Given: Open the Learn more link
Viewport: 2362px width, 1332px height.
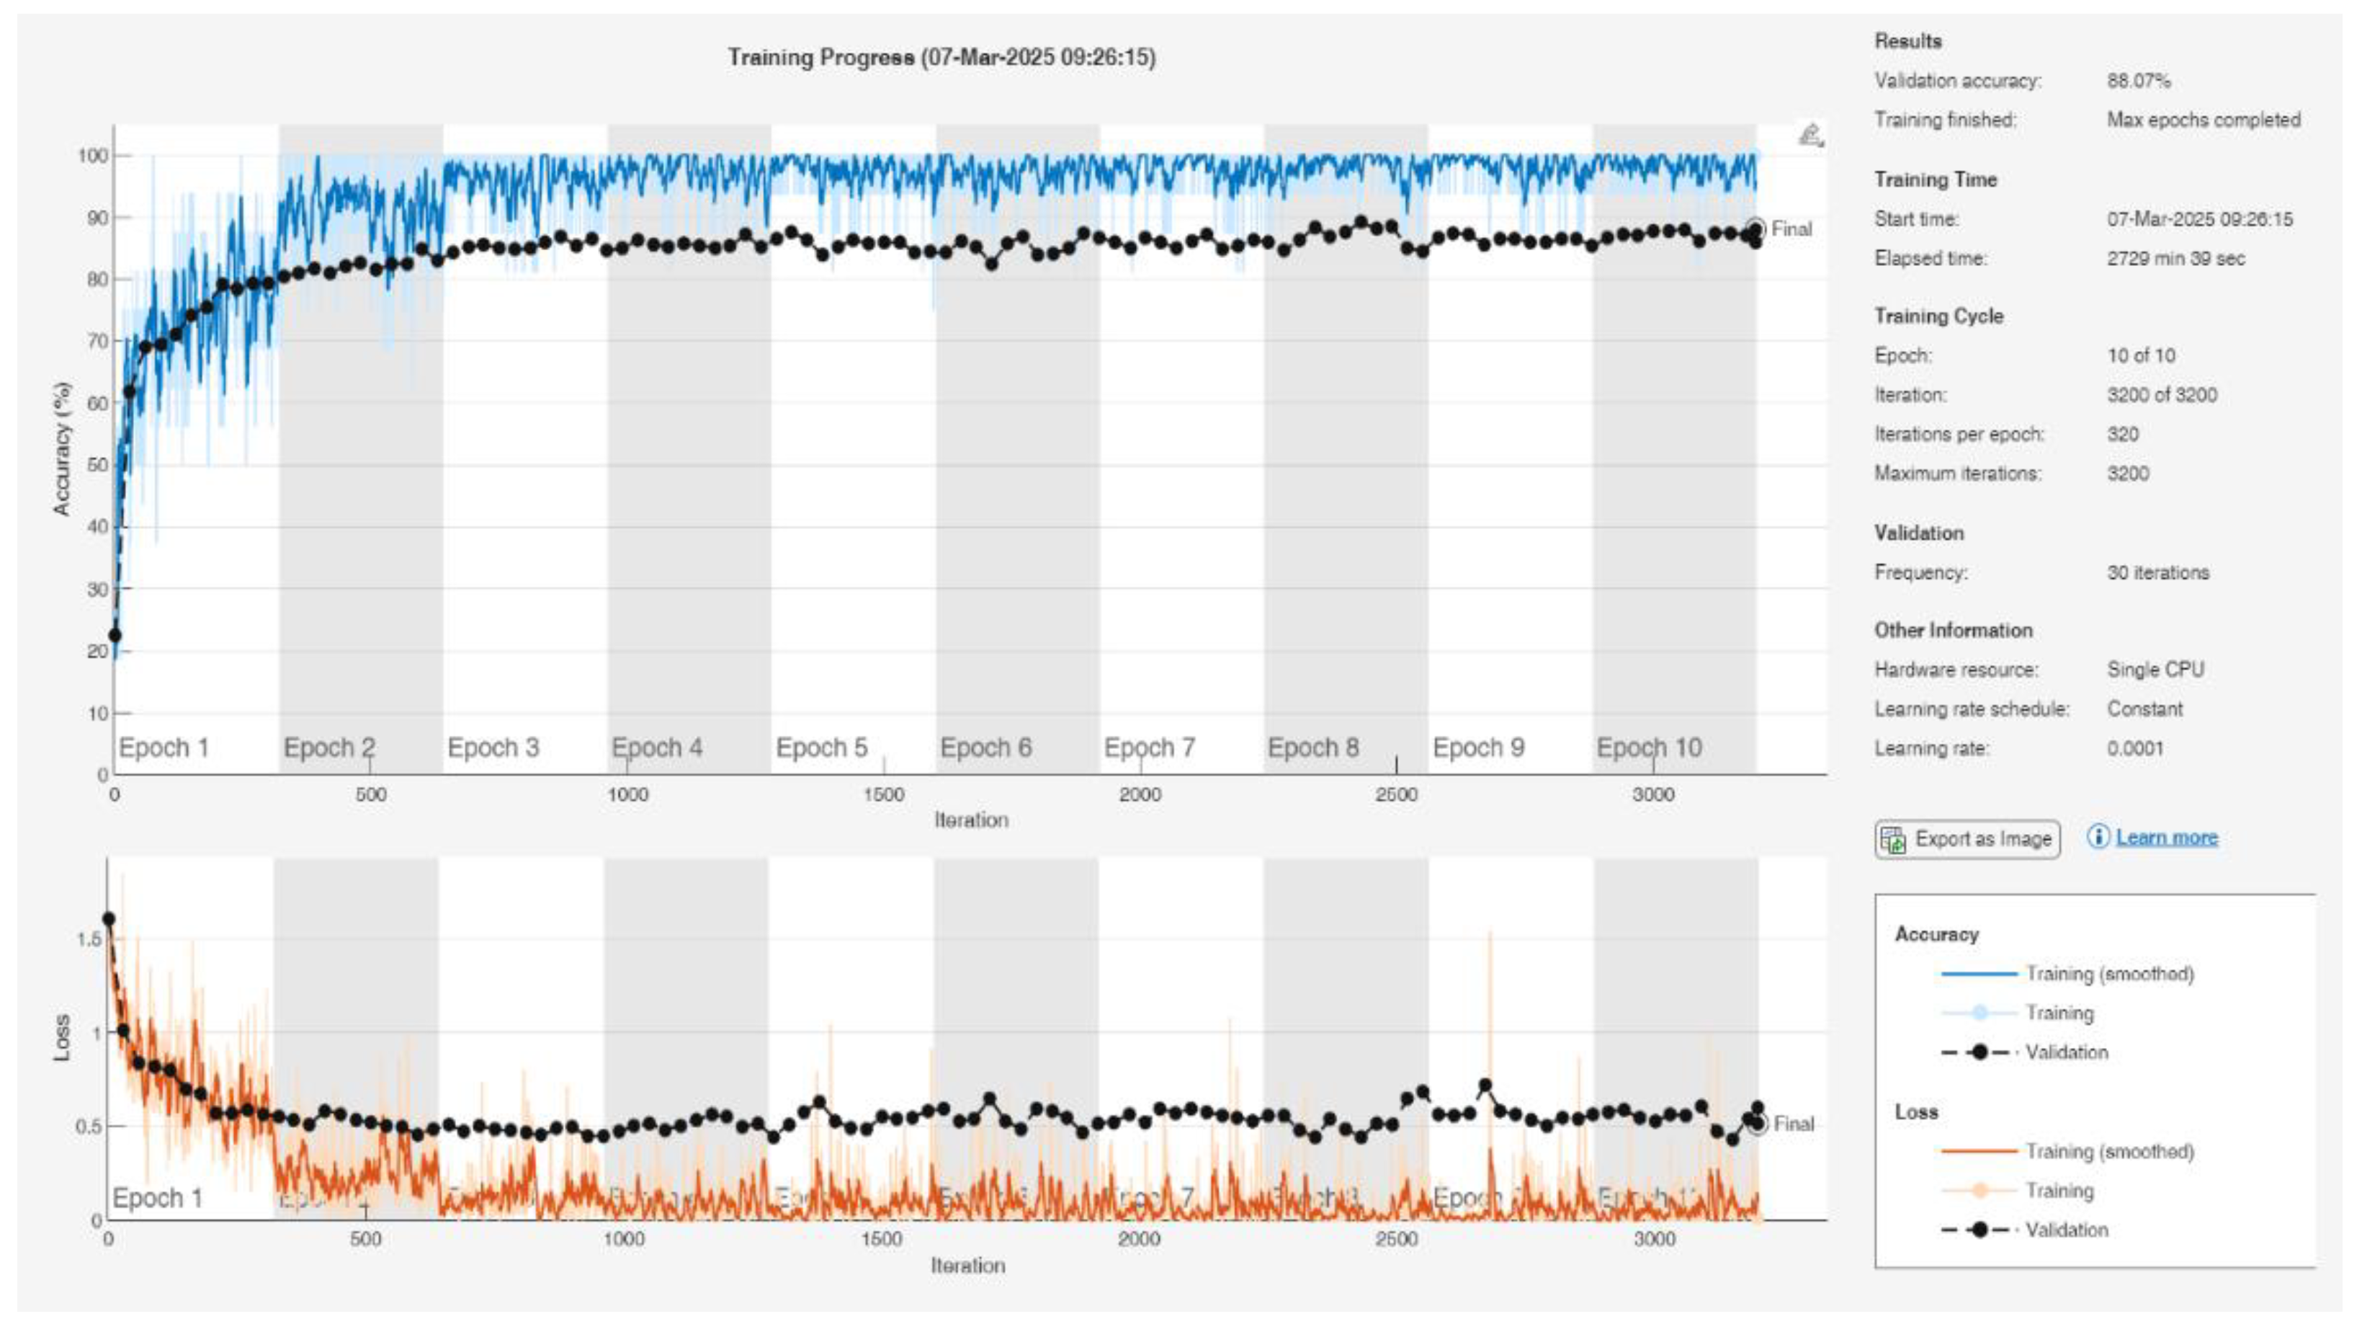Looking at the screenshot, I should click(2166, 838).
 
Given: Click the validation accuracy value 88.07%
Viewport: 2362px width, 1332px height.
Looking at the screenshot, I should click(2138, 81).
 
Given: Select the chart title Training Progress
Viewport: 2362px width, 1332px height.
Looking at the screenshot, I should click(941, 57).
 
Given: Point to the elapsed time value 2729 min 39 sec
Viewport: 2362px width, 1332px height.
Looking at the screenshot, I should click(2175, 259).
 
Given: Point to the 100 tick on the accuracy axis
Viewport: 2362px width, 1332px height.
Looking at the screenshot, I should click(93, 156).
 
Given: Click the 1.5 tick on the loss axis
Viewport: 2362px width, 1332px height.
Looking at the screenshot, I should click(89, 938).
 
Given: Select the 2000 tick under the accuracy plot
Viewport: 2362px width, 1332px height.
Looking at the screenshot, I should click(1139, 794).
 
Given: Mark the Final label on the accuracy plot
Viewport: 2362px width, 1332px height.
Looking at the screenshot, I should click(1791, 229).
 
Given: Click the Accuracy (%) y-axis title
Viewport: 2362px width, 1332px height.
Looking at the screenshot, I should click(61, 448).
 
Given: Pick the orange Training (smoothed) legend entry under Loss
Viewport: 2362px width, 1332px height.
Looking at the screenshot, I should click(2109, 1151).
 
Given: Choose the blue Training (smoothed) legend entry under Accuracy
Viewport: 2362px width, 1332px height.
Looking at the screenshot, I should click(2109, 973).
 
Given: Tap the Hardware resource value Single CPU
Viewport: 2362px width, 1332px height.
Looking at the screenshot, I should click(2155, 670).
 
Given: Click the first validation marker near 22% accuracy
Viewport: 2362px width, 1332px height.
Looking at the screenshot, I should click(115, 636).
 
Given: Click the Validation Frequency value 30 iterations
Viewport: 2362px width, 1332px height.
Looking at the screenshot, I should click(2157, 572).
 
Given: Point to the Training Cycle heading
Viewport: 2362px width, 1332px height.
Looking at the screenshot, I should click(1938, 316).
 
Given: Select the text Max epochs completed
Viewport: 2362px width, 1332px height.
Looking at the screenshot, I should click(2203, 120).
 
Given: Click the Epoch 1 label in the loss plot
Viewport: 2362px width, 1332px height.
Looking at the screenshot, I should click(157, 1198).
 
